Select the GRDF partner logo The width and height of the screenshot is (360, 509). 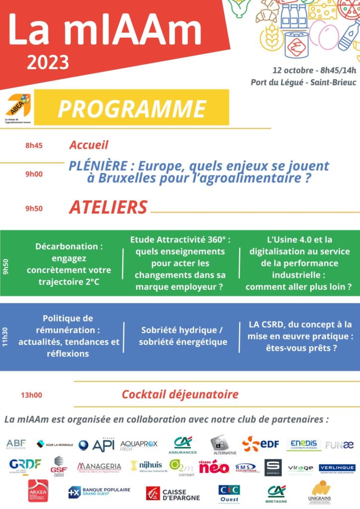pos(25,464)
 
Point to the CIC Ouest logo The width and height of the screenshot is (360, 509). pos(229,493)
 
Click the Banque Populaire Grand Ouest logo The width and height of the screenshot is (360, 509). pos(99,492)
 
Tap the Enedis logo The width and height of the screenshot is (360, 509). pos(304,444)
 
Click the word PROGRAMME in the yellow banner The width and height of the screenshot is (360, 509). pos(132,108)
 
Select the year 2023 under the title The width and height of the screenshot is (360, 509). pos(48,63)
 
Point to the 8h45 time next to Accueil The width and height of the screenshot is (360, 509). pos(34,146)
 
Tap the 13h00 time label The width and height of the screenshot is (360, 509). pos(31,395)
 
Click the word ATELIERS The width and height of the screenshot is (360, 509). pos(108,207)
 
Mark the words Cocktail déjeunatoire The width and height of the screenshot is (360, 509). pos(180,395)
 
